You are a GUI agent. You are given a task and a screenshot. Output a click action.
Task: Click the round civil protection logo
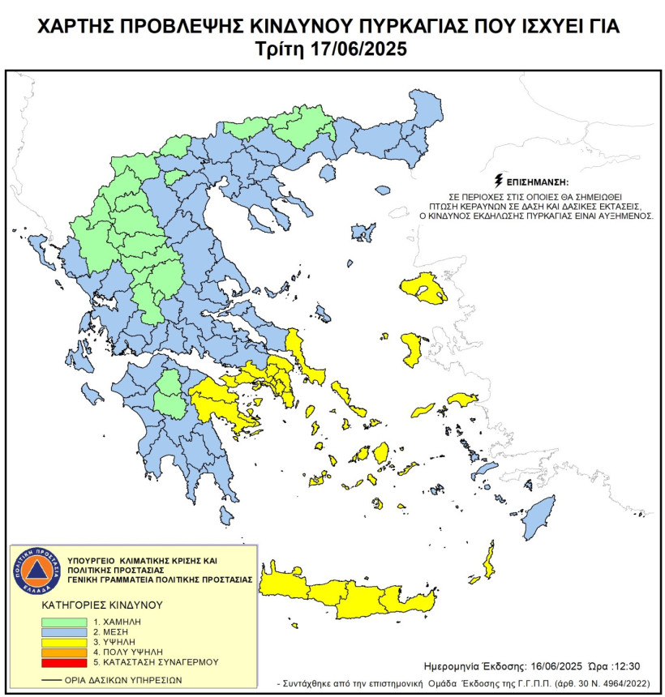click(33, 569)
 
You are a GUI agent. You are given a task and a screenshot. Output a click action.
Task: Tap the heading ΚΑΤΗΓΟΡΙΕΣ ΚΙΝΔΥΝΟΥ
click(101, 605)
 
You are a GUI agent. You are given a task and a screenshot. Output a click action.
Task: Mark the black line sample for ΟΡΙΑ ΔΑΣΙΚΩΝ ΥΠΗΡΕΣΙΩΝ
click(55, 680)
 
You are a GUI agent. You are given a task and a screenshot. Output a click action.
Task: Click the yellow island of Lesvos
click(423, 289)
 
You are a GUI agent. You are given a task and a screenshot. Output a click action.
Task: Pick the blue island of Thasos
click(328, 173)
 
